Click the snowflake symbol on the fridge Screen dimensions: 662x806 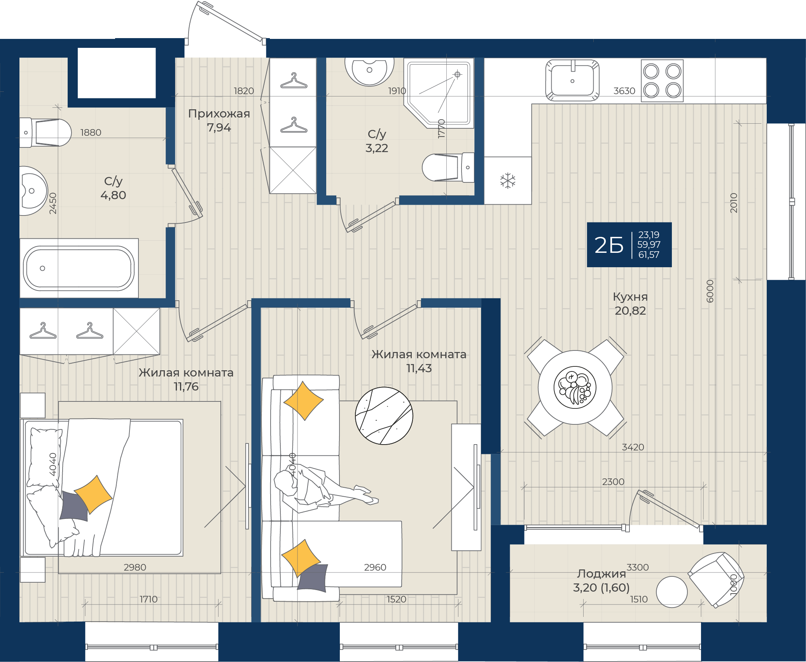(507, 181)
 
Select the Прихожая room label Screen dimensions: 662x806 (219, 114)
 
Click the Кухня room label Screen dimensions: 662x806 (630, 297)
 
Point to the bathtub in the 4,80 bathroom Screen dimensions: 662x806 (79, 268)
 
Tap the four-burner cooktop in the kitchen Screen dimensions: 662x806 (662, 81)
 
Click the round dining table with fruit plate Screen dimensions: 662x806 (575, 387)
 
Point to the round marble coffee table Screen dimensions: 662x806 (384, 416)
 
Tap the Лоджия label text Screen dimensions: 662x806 (601, 574)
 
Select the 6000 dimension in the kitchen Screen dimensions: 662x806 (710, 291)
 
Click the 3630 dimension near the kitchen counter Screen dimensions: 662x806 (624, 91)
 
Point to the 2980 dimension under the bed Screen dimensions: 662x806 (135, 567)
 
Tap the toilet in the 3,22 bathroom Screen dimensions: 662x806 (447, 168)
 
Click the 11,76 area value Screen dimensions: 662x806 (186, 387)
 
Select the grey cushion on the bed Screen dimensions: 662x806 (73, 506)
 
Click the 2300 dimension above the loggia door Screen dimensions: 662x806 (613, 482)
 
